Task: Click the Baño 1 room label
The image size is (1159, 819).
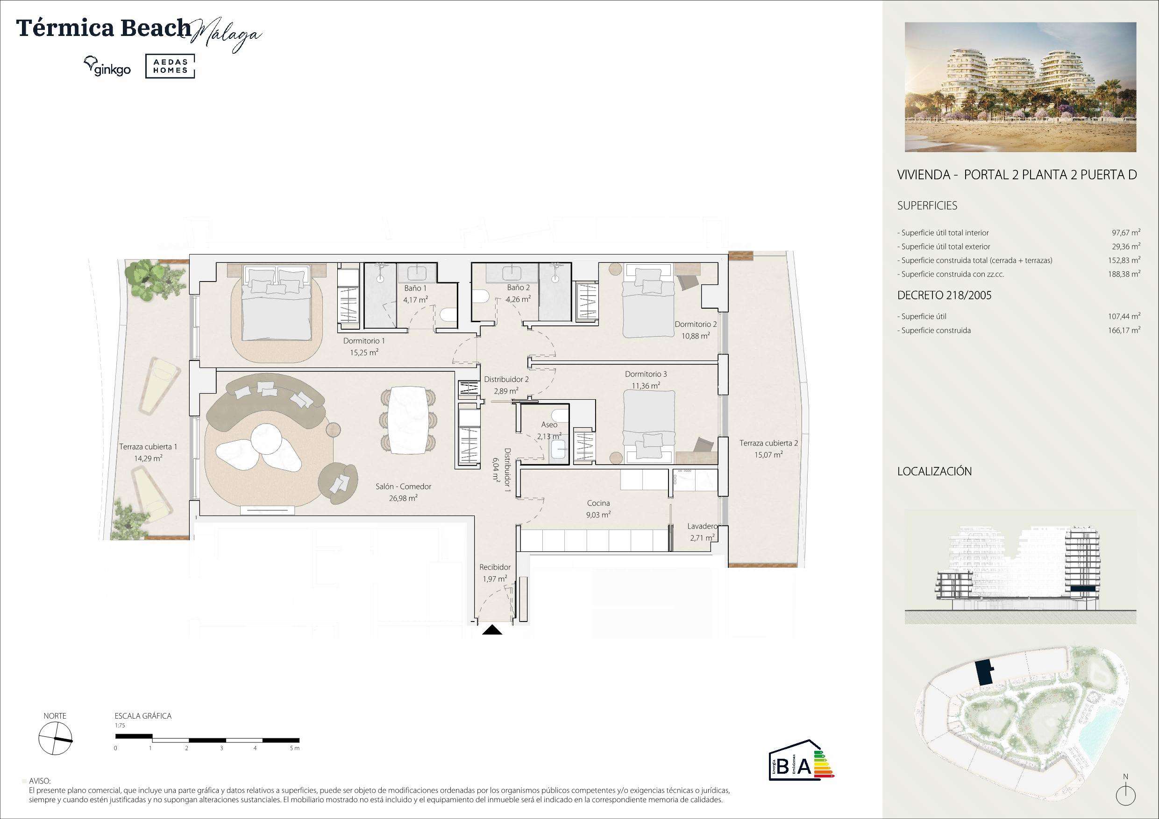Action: click(415, 288)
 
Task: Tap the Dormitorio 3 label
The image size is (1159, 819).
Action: click(646, 374)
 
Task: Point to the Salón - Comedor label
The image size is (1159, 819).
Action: click(403, 487)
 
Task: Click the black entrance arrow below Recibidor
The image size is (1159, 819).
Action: click(492, 630)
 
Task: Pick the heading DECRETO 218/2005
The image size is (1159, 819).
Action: click(944, 295)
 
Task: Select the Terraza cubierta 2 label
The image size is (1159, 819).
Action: click(768, 443)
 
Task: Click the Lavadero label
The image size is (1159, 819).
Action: click(702, 526)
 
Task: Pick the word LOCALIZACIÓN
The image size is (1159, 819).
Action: click(934, 471)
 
